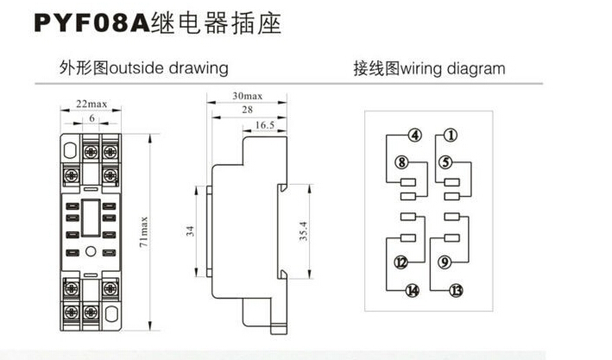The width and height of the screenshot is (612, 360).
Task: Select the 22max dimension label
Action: (x=91, y=104)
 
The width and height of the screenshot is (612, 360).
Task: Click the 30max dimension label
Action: (x=248, y=95)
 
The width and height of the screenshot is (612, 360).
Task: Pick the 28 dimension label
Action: (x=248, y=111)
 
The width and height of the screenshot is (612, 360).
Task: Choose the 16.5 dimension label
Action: (x=266, y=126)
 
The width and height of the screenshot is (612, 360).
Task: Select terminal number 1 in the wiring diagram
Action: (x=451, y=136)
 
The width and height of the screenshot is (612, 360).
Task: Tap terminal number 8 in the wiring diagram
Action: (x=401, y=162)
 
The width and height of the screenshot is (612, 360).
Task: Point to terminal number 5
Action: (x=445, y=162)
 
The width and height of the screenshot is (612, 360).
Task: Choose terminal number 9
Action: (x=445, y=262)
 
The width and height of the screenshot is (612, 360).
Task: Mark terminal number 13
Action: (x=456, y=290)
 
